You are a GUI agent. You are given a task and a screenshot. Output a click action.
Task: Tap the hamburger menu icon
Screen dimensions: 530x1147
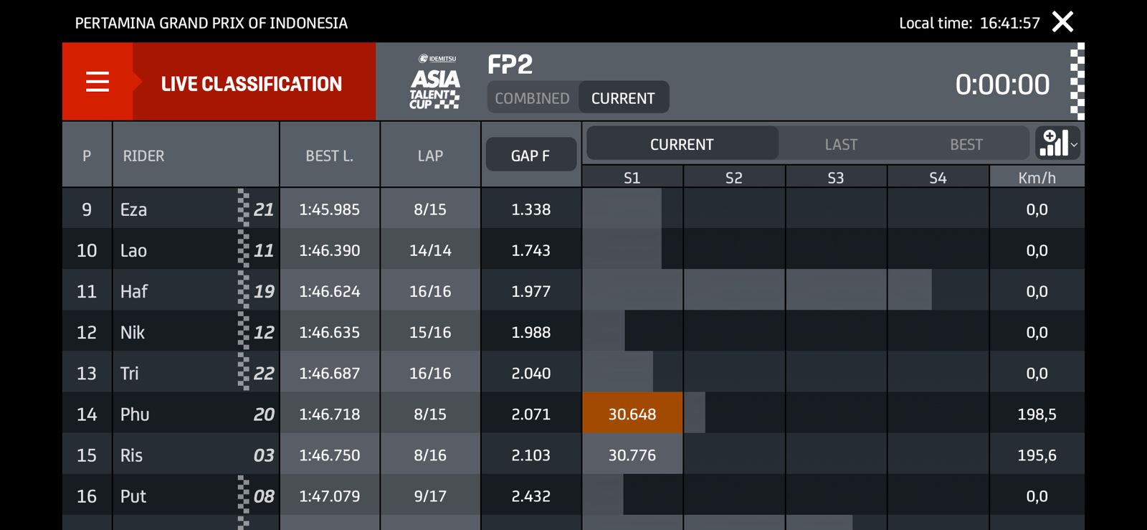[97, 82]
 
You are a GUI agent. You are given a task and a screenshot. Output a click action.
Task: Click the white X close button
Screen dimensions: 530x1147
[1062, 22]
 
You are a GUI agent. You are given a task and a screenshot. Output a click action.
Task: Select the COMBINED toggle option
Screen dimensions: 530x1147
[532, 98]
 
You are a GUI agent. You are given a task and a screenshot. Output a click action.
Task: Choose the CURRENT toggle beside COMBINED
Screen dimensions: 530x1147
[623, 98]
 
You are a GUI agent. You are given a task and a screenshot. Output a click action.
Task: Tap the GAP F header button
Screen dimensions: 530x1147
[530, 155]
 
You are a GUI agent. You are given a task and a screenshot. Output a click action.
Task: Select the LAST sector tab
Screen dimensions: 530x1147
[841, 144]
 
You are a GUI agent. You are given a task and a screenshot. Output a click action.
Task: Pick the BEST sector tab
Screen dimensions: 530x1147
[966, 144]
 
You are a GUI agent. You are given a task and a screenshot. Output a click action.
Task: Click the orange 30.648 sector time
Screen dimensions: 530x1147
[632, 414]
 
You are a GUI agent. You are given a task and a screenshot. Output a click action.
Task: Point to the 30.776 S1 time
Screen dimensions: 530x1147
[632, 455]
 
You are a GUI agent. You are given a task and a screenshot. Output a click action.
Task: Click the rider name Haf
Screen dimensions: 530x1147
[134, 291]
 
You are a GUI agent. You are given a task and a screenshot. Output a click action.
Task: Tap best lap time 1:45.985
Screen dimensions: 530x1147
[330, 209]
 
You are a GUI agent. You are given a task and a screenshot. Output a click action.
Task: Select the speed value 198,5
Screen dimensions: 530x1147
[1037, 414]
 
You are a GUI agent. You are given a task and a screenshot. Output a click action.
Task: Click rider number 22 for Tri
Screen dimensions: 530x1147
[264, 373]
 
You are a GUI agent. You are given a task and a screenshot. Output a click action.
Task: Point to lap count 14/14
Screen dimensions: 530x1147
[430, 250]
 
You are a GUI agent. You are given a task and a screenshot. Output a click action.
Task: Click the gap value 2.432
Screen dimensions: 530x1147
[530, 496]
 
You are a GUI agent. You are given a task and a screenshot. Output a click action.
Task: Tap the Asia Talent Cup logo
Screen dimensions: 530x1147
[435, 83]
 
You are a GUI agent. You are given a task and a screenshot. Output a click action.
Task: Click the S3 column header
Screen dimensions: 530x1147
[836, 178]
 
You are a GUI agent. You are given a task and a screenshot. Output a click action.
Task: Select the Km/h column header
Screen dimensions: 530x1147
[1037, 178]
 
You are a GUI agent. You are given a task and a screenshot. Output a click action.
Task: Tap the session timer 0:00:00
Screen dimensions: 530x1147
[1002, 85]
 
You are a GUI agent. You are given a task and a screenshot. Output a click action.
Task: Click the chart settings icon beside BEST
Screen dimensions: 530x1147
[1057, 143]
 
